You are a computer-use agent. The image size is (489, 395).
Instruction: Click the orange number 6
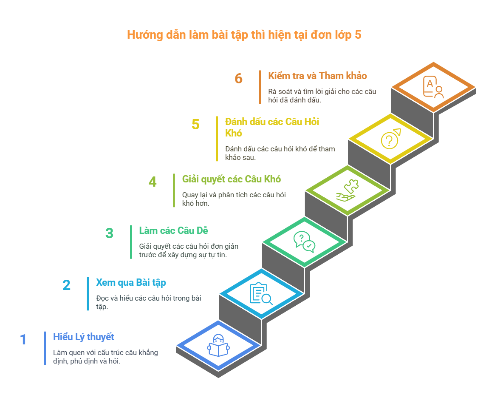(239, 78)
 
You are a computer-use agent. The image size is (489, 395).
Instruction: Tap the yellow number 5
(195, 124)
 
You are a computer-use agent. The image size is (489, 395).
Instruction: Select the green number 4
(153, 182)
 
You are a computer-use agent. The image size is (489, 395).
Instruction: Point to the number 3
(110, 233)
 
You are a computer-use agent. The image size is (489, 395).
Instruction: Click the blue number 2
(66, 285)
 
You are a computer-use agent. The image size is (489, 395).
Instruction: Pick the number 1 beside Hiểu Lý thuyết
(23, 339)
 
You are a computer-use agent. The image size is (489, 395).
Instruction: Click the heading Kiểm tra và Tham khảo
(317, 76)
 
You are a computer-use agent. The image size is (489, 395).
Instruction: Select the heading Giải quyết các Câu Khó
(232, 179)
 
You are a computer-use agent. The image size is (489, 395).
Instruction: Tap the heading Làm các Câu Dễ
(173, 230)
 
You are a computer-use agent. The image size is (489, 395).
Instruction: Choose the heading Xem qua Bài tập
(131, 282)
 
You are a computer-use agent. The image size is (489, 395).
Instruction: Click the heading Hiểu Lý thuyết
(84, 337)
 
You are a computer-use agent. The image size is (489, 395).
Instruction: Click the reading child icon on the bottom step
(219, 345)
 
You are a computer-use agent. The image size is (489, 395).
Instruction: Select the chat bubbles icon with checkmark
(304, 242)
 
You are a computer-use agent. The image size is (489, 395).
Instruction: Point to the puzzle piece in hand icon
(348, 190)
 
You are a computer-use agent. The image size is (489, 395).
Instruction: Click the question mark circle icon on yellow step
(391, 139)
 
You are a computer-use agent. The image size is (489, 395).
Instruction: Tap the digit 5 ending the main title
(358, 34)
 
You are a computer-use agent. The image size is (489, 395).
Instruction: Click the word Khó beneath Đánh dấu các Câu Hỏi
(234, 133)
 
